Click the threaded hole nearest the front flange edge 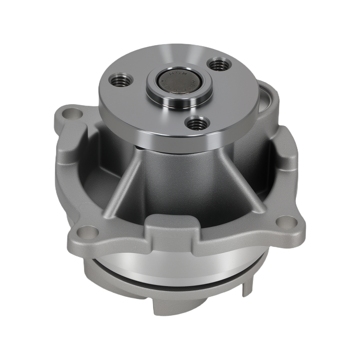(x=195, y=124)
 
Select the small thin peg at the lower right (x=248, y=288)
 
